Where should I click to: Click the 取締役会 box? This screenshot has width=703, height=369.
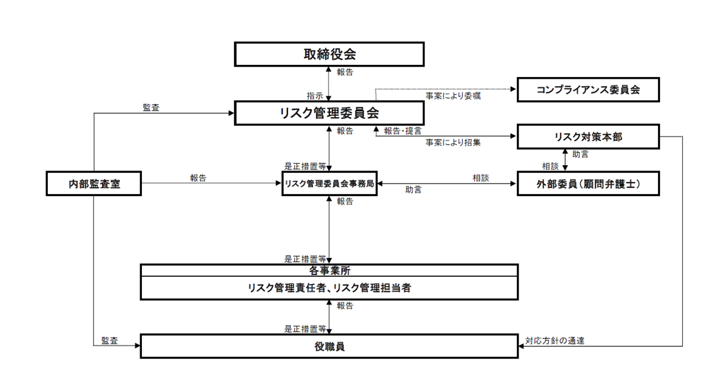click(x=329, y=54)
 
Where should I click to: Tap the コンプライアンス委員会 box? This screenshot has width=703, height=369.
click(x=588, y=90)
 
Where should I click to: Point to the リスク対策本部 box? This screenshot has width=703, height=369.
click(x=588, y=137)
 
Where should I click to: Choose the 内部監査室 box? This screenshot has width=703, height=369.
click(x=94, y=184)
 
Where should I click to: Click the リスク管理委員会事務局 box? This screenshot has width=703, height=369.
click(x=329, y=184)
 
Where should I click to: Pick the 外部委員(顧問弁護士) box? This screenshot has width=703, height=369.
click(x=588, y=184)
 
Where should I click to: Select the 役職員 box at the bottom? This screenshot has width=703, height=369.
click(x=329, y=347)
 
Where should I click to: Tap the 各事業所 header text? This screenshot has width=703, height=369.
click(x=329, y=271)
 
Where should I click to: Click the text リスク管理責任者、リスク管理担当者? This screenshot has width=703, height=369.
click(x=329, y=288)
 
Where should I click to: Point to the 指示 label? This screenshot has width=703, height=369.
click(x=314, y=96)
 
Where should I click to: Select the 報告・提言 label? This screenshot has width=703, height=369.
click(x=403, y=130)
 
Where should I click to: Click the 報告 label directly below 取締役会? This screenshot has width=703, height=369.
click(x=345, y=72)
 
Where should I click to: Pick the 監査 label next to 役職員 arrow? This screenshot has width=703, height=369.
click(x=110, y=340)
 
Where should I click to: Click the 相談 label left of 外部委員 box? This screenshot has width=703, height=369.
click(x=480, y=178)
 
